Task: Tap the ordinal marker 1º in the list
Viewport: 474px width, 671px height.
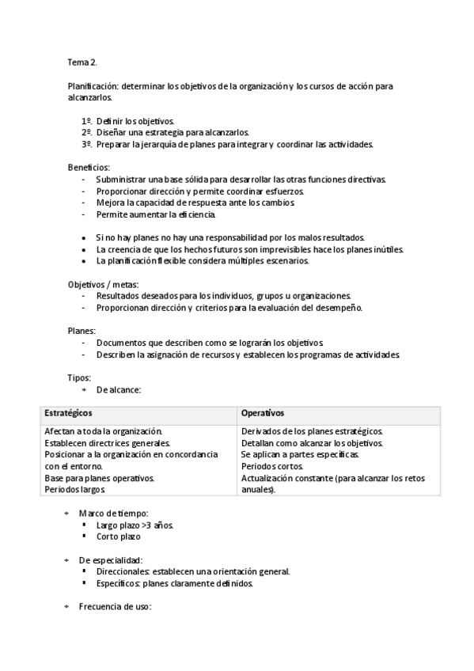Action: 86,120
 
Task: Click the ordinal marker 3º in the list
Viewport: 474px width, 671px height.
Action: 86,145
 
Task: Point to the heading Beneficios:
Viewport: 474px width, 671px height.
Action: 89,168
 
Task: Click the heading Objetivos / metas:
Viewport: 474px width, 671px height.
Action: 103,284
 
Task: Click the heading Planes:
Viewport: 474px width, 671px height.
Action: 82,331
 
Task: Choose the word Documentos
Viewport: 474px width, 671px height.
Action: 123,343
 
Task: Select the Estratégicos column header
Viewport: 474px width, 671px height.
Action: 69,414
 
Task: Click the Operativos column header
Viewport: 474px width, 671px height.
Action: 263,414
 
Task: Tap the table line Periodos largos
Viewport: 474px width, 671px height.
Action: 76,491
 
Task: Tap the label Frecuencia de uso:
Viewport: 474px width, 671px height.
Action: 115,607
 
